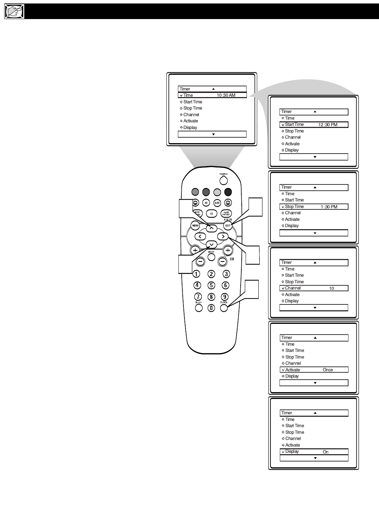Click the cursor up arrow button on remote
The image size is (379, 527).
[212, 228]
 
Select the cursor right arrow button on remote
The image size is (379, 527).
[223, 237]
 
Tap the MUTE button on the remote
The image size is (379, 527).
[211, 257]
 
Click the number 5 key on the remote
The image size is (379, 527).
[211, 285]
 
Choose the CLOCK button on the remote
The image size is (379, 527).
[224, 308]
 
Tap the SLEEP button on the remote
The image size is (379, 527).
[199, 308]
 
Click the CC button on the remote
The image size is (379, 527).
[212, 214]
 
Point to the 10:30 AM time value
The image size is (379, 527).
[226, 95]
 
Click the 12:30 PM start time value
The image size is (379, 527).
[328, 125]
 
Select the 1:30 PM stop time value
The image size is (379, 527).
[329, 207]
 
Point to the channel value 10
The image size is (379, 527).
[331, 288]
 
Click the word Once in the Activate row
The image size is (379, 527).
[328, 370]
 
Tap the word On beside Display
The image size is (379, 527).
[326, 452]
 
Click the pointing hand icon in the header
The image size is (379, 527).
[14, 12]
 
